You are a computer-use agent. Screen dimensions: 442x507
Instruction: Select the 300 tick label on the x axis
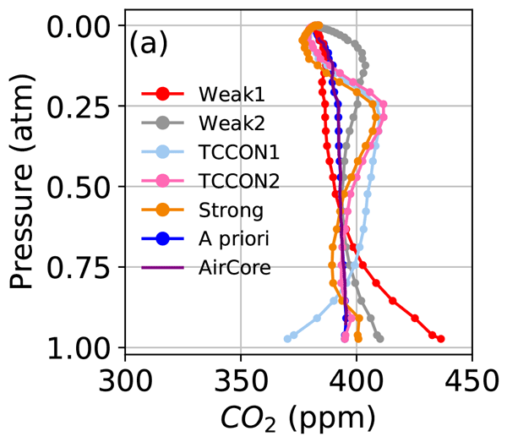point(125,375)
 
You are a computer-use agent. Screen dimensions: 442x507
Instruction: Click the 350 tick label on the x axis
point(241,375)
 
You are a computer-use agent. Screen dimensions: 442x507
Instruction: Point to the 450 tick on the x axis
point(472,375)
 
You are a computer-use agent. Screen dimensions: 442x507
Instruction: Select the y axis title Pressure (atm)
point(24,182)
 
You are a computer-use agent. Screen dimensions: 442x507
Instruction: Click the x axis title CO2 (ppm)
point(297,416)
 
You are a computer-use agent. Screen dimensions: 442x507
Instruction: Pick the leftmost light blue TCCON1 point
point(287,339)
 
